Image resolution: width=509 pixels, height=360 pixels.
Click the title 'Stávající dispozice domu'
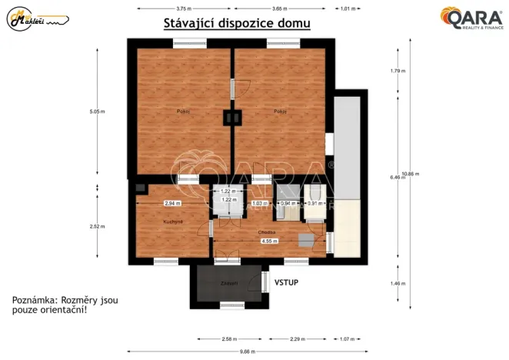[x=237, y=23]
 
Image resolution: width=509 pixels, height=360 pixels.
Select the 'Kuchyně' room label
[x=172, y=222]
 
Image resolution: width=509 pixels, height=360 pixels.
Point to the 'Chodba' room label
[x=267, y=230]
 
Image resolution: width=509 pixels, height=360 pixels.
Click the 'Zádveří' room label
[x=228, y=284]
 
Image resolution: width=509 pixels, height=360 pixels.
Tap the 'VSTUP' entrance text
[x=286, y=282]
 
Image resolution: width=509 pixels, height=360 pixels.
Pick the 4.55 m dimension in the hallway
[x=269, y=241]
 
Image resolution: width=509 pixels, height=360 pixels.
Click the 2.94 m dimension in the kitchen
[x=171, y=203]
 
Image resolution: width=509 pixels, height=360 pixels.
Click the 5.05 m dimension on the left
[x=97, y=112]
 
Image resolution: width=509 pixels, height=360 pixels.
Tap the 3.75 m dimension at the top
[x=184, y=8]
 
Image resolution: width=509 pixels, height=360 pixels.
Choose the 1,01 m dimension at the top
[x=348, y=8]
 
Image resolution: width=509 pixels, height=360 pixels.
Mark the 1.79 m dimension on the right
[x=398, y=71]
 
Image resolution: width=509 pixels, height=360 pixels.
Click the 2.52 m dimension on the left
[x=97, y=226]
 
